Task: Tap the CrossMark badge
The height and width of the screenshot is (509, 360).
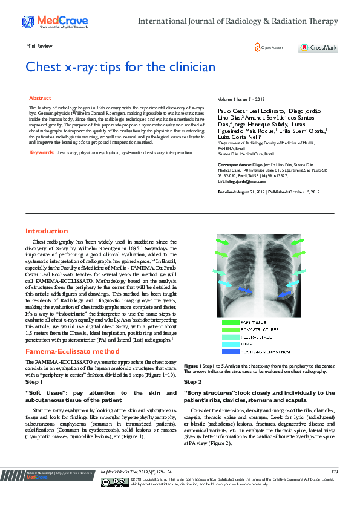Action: [318, 48]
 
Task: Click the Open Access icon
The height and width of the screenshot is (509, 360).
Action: [269, 48]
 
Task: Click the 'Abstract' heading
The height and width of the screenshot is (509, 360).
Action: [40, 98]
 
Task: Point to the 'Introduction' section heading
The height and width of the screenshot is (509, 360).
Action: [46, 231]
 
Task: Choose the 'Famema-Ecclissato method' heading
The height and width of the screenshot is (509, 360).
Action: [68, 351]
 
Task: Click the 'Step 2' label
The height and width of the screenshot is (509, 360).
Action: [192, 383]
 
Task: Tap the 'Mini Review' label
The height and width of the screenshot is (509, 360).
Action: [39, 47]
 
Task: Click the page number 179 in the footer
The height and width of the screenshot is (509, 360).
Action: [335, 471]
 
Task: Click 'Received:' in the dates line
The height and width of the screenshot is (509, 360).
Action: [227, 192]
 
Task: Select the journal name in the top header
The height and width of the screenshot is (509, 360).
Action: [238, 21]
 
